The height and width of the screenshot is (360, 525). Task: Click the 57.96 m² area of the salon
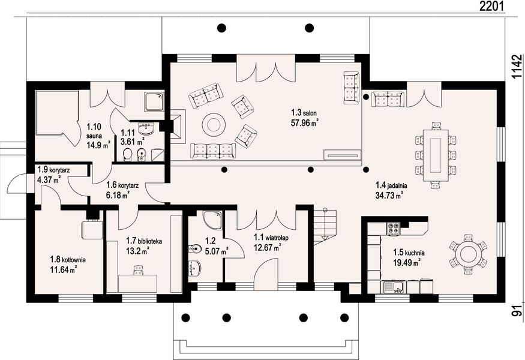(x=304, y=122)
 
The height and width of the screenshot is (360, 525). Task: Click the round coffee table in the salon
(x=213, y=125)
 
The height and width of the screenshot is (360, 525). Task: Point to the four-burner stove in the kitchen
(x=394, y=229)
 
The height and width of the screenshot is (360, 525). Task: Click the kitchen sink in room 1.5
(x=395, y=287)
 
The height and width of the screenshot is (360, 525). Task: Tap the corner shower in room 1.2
(x=212, y=220)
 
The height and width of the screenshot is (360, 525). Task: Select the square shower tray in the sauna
(x=154, y=101)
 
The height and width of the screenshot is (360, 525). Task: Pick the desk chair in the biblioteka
(x=138, y=270)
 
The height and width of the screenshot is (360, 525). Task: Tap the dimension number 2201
(x=491, y=6)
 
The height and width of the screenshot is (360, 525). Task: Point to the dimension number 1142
(x=517, y=67)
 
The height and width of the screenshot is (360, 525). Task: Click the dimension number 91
(x=517, y=311)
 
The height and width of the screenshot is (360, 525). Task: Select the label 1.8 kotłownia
(x=68, y=260)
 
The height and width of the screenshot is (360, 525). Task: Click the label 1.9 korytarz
(x=53, y=170)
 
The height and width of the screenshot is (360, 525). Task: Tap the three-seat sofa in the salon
(x=213, y=151)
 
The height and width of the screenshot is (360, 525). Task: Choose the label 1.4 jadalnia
(x=391, y=185)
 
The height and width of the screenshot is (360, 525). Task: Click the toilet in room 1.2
(x=194, y=248)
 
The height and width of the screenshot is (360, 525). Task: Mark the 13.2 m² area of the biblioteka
(x=137, y=250)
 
